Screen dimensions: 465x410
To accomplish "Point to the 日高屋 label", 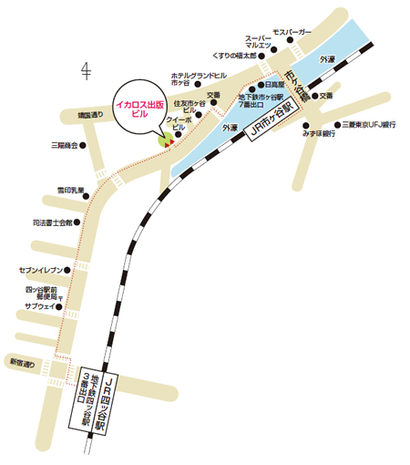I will tap(276, 84).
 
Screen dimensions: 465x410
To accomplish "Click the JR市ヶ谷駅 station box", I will tap(273, 120).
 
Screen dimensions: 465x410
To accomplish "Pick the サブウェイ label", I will tap(42, 307).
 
